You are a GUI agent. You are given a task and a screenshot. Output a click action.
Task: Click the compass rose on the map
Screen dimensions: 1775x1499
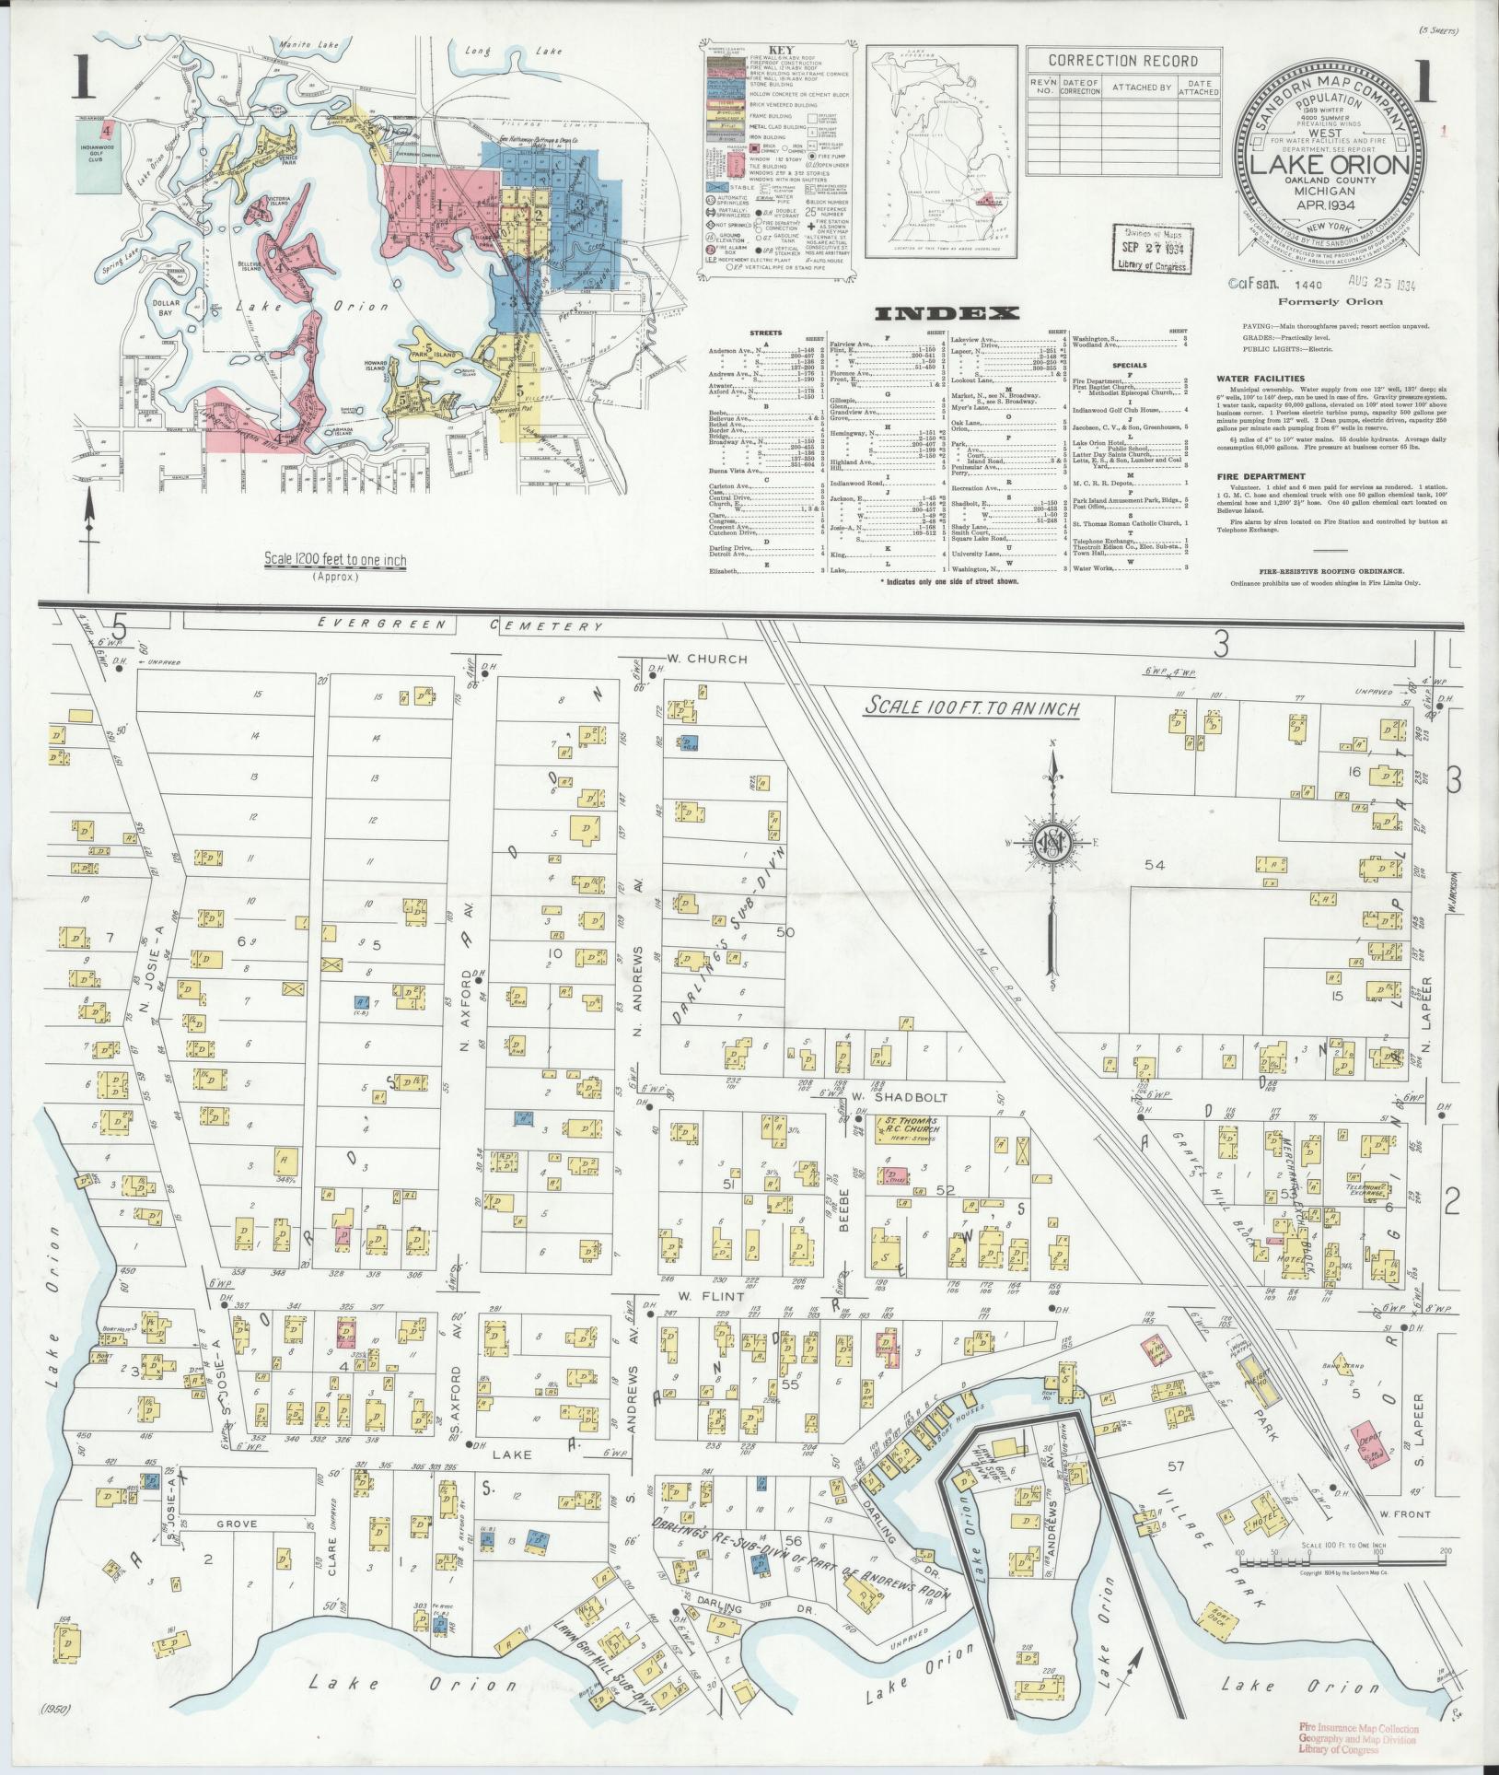[1051, 844]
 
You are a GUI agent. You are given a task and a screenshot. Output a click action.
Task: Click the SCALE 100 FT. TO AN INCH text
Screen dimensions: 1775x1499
[970, 707]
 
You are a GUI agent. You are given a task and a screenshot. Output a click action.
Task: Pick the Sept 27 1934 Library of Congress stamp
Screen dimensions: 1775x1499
[1151, 248]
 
